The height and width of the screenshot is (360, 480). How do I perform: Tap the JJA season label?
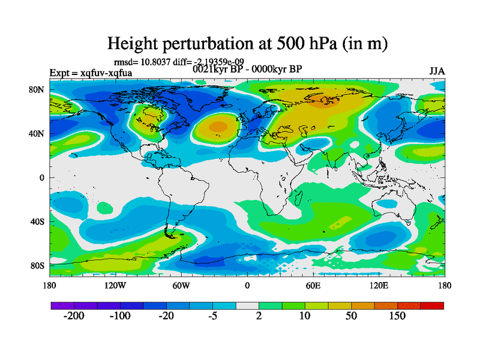click(437, 71)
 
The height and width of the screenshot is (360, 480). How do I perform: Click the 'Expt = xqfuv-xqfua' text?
click(91, 73)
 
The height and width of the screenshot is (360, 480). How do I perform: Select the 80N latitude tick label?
click(38, 89)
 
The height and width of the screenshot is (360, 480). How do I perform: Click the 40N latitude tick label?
click(38, 133)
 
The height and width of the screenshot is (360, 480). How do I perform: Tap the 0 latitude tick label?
click(42, 178)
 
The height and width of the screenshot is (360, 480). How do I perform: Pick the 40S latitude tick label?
click(38, 221)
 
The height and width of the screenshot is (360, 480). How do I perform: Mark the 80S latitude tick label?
click(38, 265)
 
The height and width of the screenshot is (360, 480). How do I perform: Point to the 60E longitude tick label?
click(313, 286)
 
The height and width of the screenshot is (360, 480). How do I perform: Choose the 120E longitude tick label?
click(379, 286)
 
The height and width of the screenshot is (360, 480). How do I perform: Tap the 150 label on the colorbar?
click(398, 316)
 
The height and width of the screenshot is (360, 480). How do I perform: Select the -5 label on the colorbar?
click(212, 316)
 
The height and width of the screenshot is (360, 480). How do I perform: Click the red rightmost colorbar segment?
click(432, 306)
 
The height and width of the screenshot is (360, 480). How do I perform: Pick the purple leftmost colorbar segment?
click(62, 306)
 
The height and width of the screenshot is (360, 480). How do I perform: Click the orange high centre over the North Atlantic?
click(217, 127)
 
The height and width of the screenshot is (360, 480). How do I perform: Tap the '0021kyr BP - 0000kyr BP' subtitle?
click(247, 68)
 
